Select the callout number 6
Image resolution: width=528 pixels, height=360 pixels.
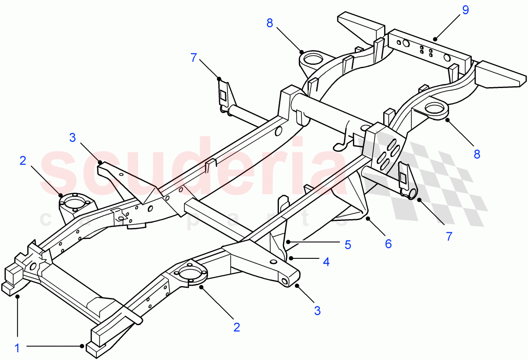(x=388, y=243)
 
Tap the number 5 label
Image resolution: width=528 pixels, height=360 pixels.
(x=348, y=245)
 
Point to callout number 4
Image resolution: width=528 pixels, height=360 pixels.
(x=326, y=262)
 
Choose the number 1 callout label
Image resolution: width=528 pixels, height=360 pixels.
(x=17, y=348)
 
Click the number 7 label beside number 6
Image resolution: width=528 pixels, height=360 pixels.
(x=449, y=236)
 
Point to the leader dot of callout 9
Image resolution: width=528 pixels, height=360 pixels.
(x=436, y=39)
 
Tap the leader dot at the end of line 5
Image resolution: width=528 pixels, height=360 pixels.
(x=287, y=242)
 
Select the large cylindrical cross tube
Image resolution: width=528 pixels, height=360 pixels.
(x=326, y=115)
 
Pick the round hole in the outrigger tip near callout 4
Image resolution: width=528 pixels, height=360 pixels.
(x=285, y=281)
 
